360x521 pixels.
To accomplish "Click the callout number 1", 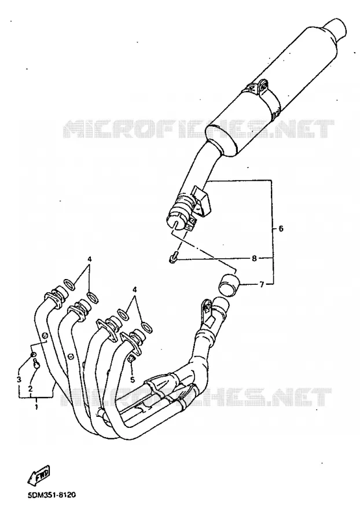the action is click(x=36, y=406).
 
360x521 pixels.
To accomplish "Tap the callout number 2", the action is click(x=30, y=388).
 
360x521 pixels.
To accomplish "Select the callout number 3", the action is click(x=19, y=379).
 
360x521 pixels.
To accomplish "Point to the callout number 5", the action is click(x=132, y=379).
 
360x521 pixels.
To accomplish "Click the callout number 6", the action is click(x=281, y=229).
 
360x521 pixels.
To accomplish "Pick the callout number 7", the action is click(x=262, y=284).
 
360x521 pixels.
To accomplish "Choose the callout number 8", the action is click(x=255, y=258).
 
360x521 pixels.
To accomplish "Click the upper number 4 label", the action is click(x=89, y=259).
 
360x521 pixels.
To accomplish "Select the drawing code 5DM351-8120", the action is click(x=52, y=496).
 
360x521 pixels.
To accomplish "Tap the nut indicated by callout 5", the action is click(x=131, y=359).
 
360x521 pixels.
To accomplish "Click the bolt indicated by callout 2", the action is click(x=36, y=365).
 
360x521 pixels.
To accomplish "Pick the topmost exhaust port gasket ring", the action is click(x=69, y=284).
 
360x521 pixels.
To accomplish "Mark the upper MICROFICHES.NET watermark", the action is click(x=199, y=129).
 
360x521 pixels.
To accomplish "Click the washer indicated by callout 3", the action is click(x=33, y=356).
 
